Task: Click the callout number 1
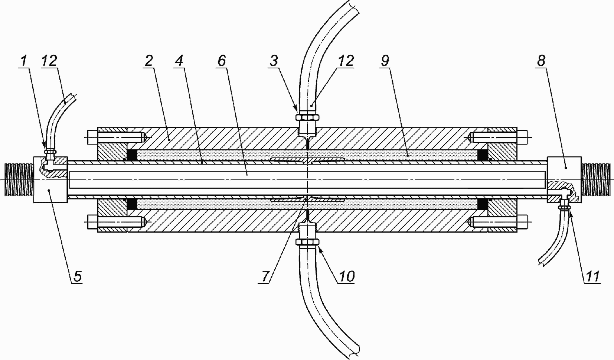pyautogui.click(x=24, y=61)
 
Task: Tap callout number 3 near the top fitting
pyautogui.click(x=274, y=61)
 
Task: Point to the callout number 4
pyautogui.click(x=179, y=61)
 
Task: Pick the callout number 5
pyautogui.click(x=77, y=276)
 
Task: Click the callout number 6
pyautogui.click(x=222, y=61)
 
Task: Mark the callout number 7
pyautogui.click(x=265, y=276)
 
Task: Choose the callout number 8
pyautogui.click(x=541, y=61)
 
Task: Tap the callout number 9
pyautogui.click(x=385, y=61)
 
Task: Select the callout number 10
pyautogui.click(x=346, y=276)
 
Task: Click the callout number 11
pyautogui.click(x=592, y=276)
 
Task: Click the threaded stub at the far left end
pyautogui.click(x=19, y=179)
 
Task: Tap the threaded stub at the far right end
pyautogui.click(x=596, y=179)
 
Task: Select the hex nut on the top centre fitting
pyautogui.click(x=307, y=118)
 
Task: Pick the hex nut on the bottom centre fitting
pyautogui.click(x=307, y=242)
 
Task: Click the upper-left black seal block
pyautogui.click(x=132, y=155)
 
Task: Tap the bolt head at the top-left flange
pyautogui.click(x=93, y=137)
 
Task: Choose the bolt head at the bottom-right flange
pyautogui.click(x=522, y=222)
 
